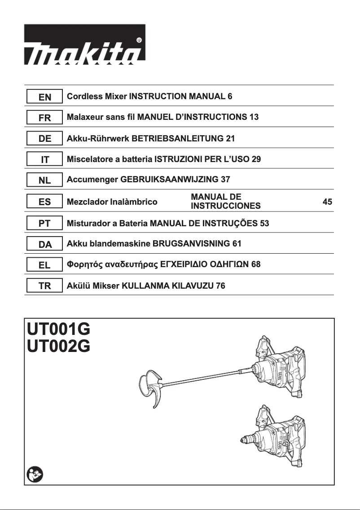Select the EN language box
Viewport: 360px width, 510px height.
(x=45, y=97)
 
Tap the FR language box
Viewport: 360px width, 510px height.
(x=45, y=118)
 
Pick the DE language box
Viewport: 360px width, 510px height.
(x=45, y=139)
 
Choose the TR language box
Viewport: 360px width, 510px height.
(x=45, y=286)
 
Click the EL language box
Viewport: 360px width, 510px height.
(x=45, y=265)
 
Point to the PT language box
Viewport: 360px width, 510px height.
(x=45, y=223)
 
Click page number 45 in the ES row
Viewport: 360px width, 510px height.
(x=327, y=202)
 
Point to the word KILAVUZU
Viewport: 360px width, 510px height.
(x=193, y=286)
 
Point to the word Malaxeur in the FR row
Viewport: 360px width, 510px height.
(x=86, y=118)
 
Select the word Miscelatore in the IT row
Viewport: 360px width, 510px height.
(x=88, y=159)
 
